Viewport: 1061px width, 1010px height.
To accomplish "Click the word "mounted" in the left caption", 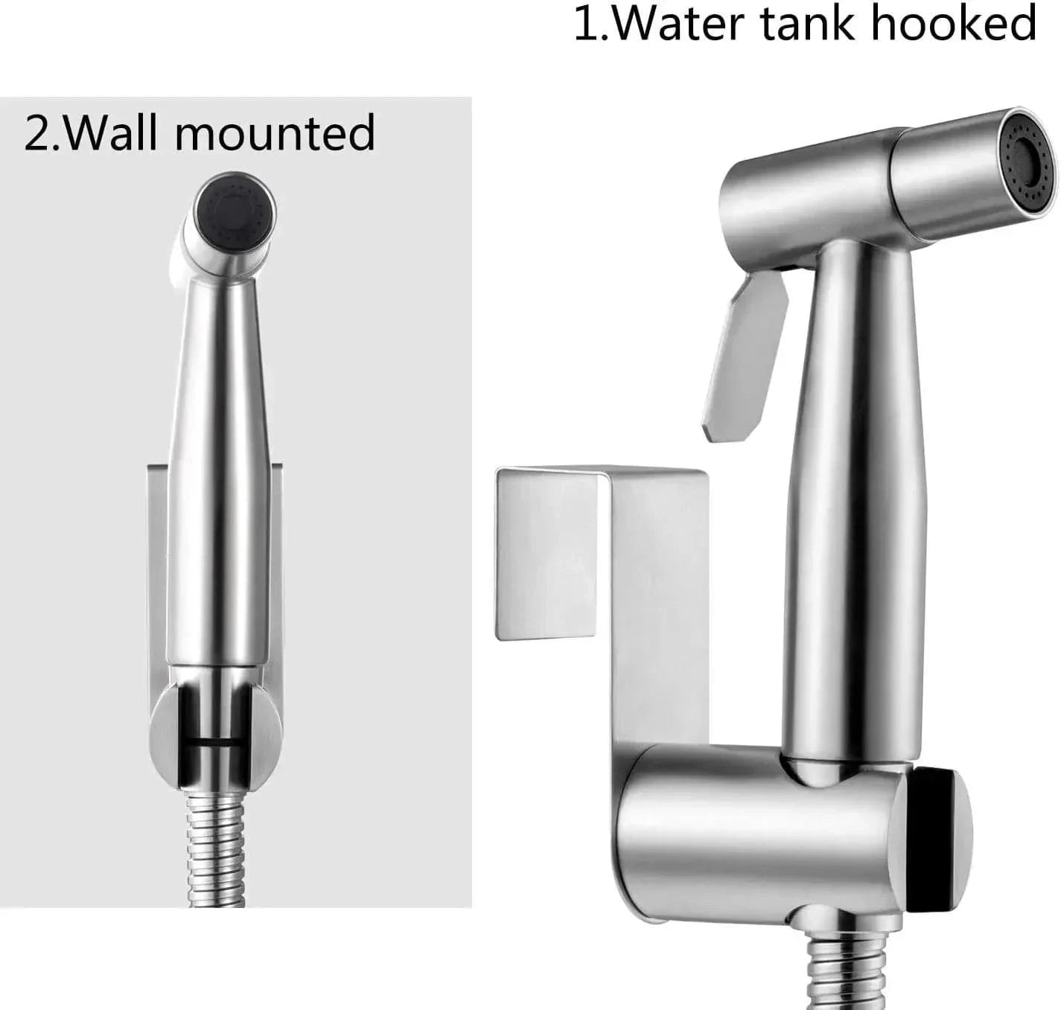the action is (x=275, y=132).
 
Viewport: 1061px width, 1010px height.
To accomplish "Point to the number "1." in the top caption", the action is (x=591, y=24).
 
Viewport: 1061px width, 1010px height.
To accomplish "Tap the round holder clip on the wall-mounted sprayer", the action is (x=216, y=734).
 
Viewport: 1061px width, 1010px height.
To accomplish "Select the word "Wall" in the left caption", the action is (x=116, y=132).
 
